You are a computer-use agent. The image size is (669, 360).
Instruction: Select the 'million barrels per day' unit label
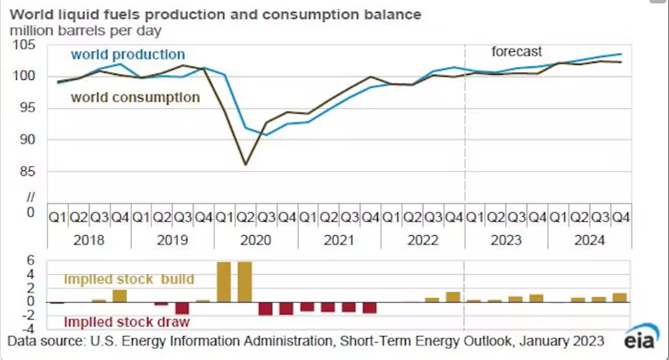85,31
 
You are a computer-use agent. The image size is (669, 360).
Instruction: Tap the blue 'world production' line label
127,54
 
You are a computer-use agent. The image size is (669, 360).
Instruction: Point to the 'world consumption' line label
134,97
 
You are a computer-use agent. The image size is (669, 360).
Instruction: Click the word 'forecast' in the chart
517,51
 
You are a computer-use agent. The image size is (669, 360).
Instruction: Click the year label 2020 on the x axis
256,241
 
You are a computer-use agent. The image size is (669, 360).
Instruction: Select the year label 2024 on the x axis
589,241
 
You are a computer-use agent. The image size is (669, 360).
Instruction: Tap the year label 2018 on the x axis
90,241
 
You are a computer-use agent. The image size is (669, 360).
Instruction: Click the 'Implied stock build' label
141,279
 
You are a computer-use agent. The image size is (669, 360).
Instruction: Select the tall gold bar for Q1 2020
225,282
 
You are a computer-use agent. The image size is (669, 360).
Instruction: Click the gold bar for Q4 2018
120,295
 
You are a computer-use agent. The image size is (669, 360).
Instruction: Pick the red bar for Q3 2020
266,308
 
